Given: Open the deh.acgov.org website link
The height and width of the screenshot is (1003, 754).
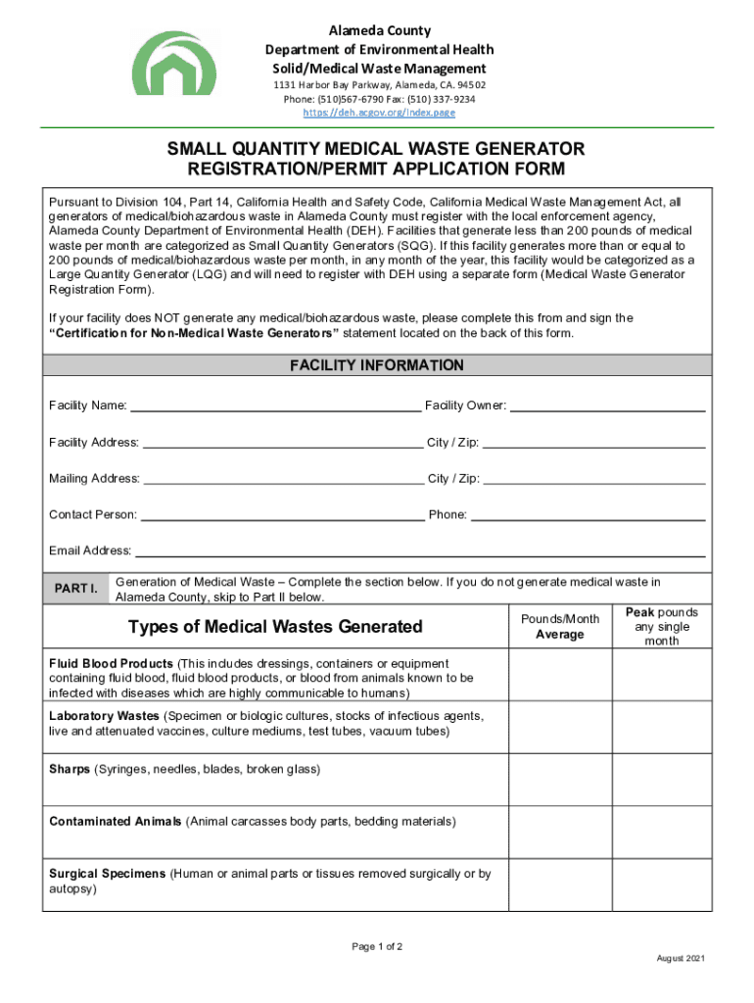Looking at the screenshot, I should click(x=379, y=113).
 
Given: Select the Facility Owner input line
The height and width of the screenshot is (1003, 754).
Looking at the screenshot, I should click(x=607, y=406).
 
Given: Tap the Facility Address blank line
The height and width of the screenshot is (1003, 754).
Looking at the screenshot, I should click(x=282, y=443).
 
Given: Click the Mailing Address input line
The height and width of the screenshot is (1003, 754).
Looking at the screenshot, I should click(x=282, y=479).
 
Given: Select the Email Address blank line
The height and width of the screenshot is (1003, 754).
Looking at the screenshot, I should click(x=419, y=551).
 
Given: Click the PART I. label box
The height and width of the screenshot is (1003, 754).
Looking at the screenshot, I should click(x=74, y=589).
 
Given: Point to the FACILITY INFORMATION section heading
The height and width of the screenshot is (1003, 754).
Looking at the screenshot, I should click(x=377, y=365).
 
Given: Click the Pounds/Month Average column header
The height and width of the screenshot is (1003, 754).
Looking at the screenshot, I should click(x=560, y=627).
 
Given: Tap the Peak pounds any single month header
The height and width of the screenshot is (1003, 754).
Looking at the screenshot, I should click(x=662, y=627).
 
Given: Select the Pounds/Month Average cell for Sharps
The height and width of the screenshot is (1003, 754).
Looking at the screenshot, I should click(x=560, y=778).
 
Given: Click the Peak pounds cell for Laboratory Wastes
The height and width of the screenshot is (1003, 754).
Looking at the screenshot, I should click(x=662, y=726).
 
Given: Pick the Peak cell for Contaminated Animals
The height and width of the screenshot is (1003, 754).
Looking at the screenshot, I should click(x=662, y=829).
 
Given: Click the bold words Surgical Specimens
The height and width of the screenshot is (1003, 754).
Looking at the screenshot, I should click(x=108, y=874).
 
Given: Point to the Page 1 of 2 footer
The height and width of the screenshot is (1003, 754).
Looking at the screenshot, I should click(x=377, y=947).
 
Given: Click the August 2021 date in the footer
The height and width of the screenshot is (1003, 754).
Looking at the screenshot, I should click(x=680, y=958).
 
